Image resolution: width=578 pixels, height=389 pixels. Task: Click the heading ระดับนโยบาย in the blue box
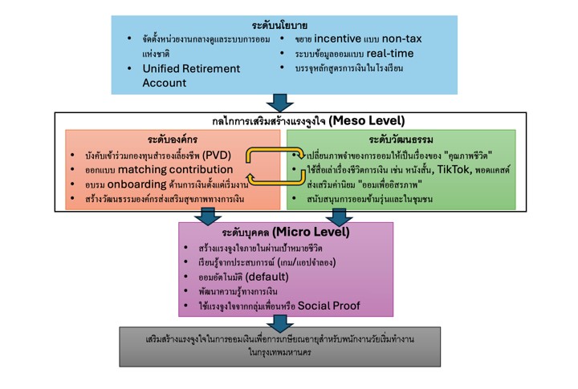279,26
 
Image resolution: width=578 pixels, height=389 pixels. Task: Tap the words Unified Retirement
191,68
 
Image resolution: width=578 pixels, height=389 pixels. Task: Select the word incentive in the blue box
338,38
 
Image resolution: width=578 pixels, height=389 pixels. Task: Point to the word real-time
390,54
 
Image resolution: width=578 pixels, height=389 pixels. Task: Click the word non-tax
402,38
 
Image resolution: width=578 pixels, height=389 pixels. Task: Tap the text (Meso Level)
367,120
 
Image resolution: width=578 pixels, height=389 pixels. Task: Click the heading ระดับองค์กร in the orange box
173,140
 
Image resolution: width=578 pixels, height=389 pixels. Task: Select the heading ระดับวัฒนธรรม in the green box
401,140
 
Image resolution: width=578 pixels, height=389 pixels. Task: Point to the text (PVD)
217,155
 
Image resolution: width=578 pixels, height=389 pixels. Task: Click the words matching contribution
176,169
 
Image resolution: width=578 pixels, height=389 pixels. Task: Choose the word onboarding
136,184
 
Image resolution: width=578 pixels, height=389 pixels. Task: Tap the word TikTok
454,169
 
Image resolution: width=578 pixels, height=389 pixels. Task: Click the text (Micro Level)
311,232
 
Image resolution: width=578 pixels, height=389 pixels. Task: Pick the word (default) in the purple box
267,277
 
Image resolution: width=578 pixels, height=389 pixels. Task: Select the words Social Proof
329,306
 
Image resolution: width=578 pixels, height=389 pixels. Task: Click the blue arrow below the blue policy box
280,103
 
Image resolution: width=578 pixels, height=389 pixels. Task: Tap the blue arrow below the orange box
208,217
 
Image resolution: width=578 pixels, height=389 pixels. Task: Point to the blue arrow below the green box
339,217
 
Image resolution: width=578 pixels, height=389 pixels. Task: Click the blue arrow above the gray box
280,324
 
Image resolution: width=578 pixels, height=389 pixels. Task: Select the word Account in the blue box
165,83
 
